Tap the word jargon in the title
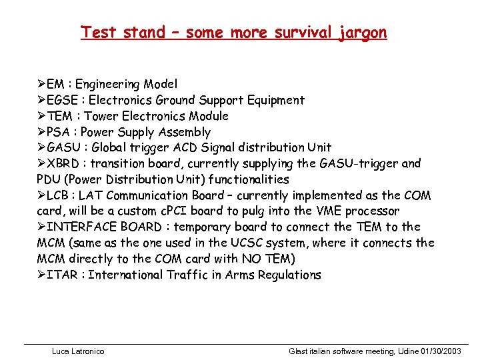click(361, 32)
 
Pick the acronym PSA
click(59, 132)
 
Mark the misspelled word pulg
click(247, 211)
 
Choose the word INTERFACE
click(83, 227)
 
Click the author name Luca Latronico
click(77, 351)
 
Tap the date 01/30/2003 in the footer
click(439, 351)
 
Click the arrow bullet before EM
click(41, 84)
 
